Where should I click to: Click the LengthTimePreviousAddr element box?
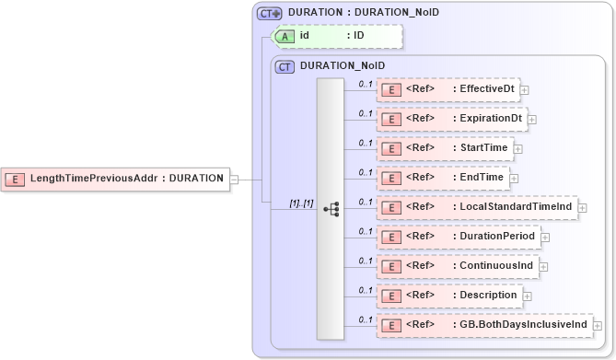click(115, 179)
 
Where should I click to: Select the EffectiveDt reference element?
click(448, 89)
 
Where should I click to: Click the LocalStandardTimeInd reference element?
click(475, 207)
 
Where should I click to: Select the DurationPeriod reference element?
click(457, 237)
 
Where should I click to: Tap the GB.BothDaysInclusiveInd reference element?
click(482, 325)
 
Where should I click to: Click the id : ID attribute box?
click(340, 36)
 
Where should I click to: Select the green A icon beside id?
click(286, 36)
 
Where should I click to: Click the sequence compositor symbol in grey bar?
click(331, 210)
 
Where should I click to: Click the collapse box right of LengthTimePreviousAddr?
click(235, 179)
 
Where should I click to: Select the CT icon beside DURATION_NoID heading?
click(285, 66)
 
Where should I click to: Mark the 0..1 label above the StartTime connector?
click(365, 142)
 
